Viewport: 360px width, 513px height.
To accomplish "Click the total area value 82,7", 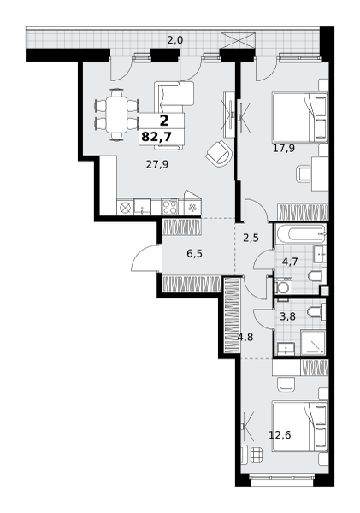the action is (x=156, y=136).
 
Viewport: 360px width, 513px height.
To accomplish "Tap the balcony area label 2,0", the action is (x=175, y=40).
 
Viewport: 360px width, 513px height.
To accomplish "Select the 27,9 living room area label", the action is (x=157, y=164).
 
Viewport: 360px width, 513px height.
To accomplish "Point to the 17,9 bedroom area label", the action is (x=284, y=149).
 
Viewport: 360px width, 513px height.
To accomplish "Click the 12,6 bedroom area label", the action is (x=280, y=435).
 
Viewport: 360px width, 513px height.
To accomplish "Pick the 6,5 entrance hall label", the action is (x=194, y=254).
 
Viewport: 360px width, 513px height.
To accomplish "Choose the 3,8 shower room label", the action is (x=287, y=316).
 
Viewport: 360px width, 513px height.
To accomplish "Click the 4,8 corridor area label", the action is (x=245, y=337).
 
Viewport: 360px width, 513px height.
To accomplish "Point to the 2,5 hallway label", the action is (x=251, y=238).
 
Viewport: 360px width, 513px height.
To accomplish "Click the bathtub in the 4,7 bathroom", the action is (x=301, y=234).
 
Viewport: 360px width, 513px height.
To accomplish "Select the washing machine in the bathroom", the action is (x=282, y=286).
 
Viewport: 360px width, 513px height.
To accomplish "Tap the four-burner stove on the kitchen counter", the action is (x=170, y=207).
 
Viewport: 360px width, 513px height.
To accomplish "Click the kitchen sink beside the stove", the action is (x=142, y=207).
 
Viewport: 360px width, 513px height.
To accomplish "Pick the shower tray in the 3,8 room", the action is (x=313, y=342).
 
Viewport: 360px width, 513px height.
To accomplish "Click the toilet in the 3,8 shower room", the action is (x=316, y=311).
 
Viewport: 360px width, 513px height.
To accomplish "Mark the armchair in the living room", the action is (x=219, y=153).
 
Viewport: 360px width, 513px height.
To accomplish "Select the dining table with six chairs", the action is (x=117, y=115).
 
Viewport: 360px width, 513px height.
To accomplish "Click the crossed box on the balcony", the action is (x=238, y=41).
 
